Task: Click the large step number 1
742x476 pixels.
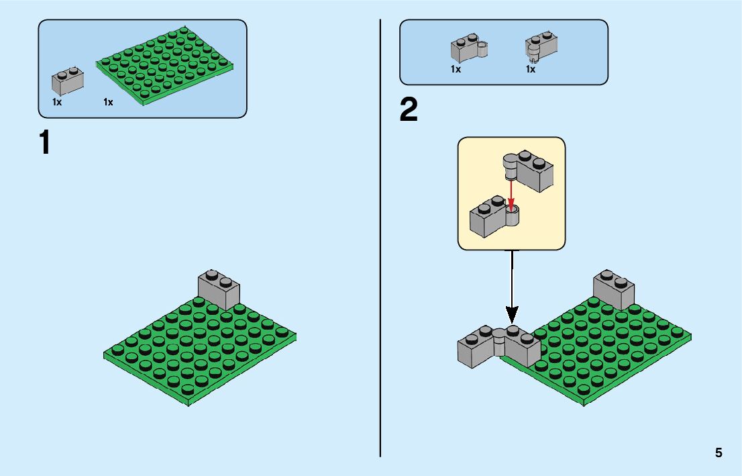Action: (x=45, y=143)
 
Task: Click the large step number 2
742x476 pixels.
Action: (x=408, y=111)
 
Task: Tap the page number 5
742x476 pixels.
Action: (x=719, y=453)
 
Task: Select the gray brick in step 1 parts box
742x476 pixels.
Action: (x=68, y=81)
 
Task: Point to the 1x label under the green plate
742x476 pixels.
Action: (x=108, y=102)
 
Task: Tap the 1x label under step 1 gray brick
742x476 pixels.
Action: (x=57, y=102)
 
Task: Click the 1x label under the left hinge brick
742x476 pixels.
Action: (x=456, y=69)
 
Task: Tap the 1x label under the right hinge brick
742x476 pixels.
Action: (x=530, y=69)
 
